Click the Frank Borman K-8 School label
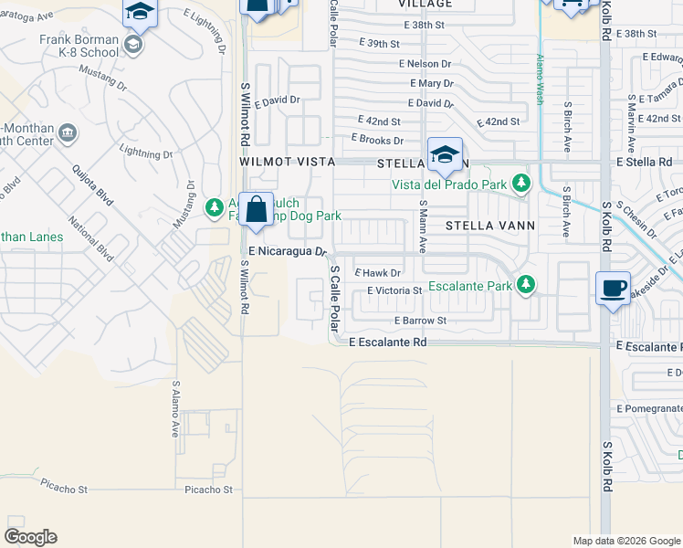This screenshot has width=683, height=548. (79, 46)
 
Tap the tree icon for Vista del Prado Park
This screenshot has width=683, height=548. (521, 184)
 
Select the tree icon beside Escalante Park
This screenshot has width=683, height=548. (525, 285)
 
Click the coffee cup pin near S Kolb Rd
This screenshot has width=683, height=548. (612, 289)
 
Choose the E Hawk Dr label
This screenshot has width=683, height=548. (378, 273)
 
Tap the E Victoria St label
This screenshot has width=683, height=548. (394, 290)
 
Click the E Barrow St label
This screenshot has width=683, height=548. (420, 321)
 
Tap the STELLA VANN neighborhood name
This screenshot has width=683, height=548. (489, 224)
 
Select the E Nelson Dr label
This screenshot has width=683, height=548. (425, 64)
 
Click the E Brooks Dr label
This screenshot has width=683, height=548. (377, 140)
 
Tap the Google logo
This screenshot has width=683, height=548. (30, 537)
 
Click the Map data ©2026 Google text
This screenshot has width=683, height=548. (625, 540)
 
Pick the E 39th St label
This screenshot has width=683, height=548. (380, 44)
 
